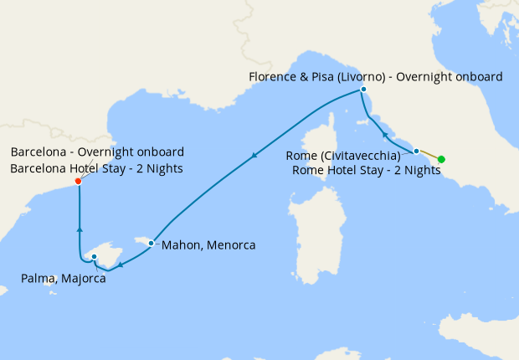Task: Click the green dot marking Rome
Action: tap(441, 160)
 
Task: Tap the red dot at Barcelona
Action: tap(78, 181)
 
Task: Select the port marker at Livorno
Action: tap(363, 90)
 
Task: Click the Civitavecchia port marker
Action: tap(416, 152)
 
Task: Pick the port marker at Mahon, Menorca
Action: tap(151, 243)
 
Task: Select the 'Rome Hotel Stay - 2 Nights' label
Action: tap(367, 170)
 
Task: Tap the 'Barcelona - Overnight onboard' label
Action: tap(97, 152)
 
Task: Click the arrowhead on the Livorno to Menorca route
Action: tap(254, 156)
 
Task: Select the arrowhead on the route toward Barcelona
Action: tap(79, 227)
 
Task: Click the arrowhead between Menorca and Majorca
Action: tap(121, 265)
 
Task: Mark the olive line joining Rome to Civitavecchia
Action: tap(429, 156)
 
